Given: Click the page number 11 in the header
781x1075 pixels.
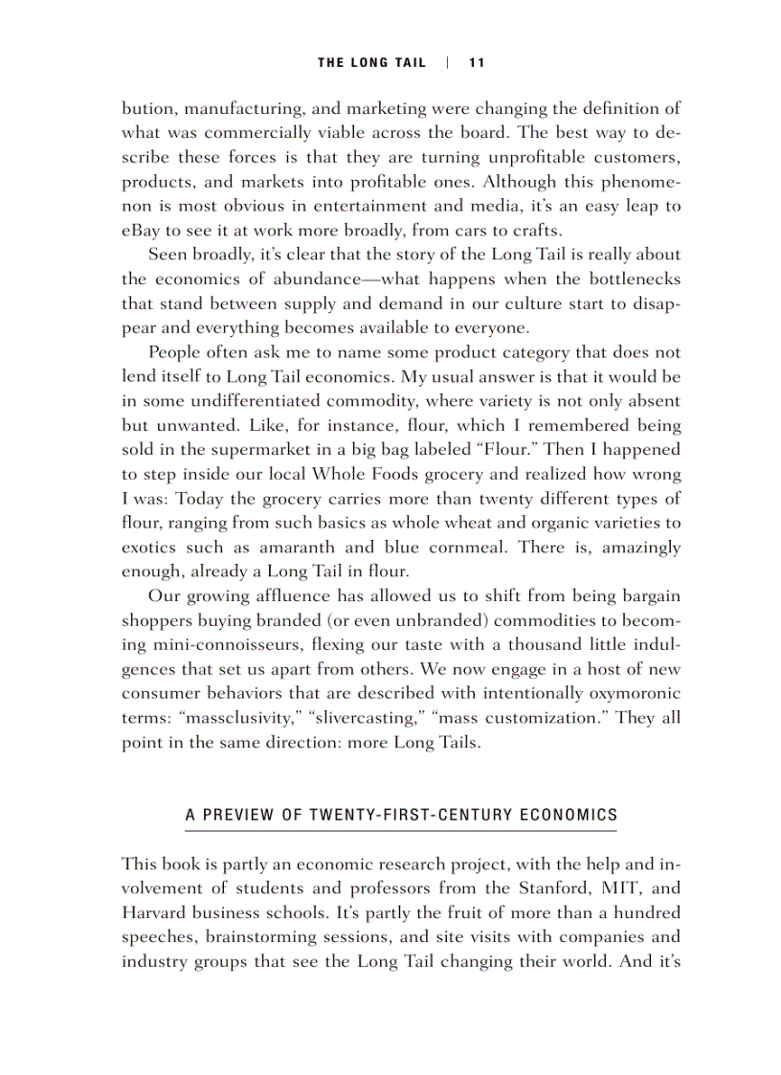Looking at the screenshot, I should [x=477, y=63].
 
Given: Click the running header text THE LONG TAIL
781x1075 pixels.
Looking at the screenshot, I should [x=372, y=63].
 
